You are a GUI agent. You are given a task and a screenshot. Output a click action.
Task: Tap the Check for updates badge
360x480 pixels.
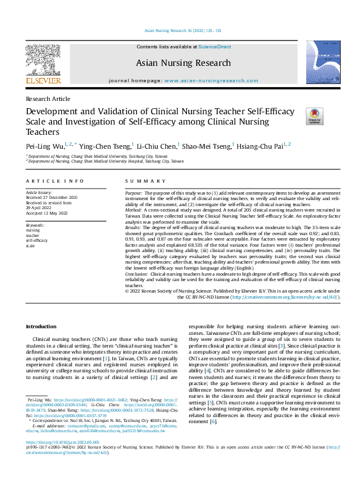[x=315, y=115]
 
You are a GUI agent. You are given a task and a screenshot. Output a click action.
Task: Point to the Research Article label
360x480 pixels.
[x=48, y=98]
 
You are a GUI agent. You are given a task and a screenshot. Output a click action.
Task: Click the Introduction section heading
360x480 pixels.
[x=41, y=326]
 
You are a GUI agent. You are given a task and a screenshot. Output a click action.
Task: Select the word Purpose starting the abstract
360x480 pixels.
[x=135, y=192]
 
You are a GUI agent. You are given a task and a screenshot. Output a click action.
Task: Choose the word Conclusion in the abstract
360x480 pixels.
[x=138, y=274]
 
